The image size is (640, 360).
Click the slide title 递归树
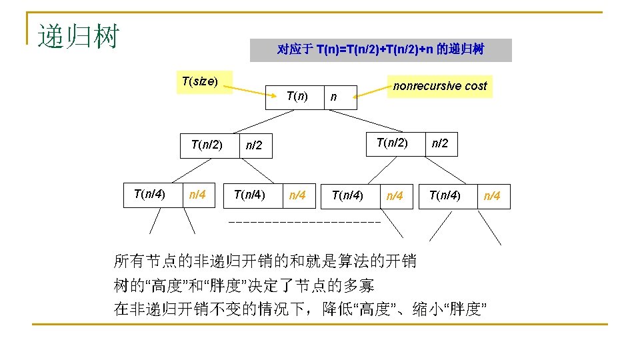77,37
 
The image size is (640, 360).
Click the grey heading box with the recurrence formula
381,50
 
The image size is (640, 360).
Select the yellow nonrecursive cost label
440,86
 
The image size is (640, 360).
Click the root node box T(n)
297,97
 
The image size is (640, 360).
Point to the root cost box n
340,97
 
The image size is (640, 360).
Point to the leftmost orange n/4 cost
197,195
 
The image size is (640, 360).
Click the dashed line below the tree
304,221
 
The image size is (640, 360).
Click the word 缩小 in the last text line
427,309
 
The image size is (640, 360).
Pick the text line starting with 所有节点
265,261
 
